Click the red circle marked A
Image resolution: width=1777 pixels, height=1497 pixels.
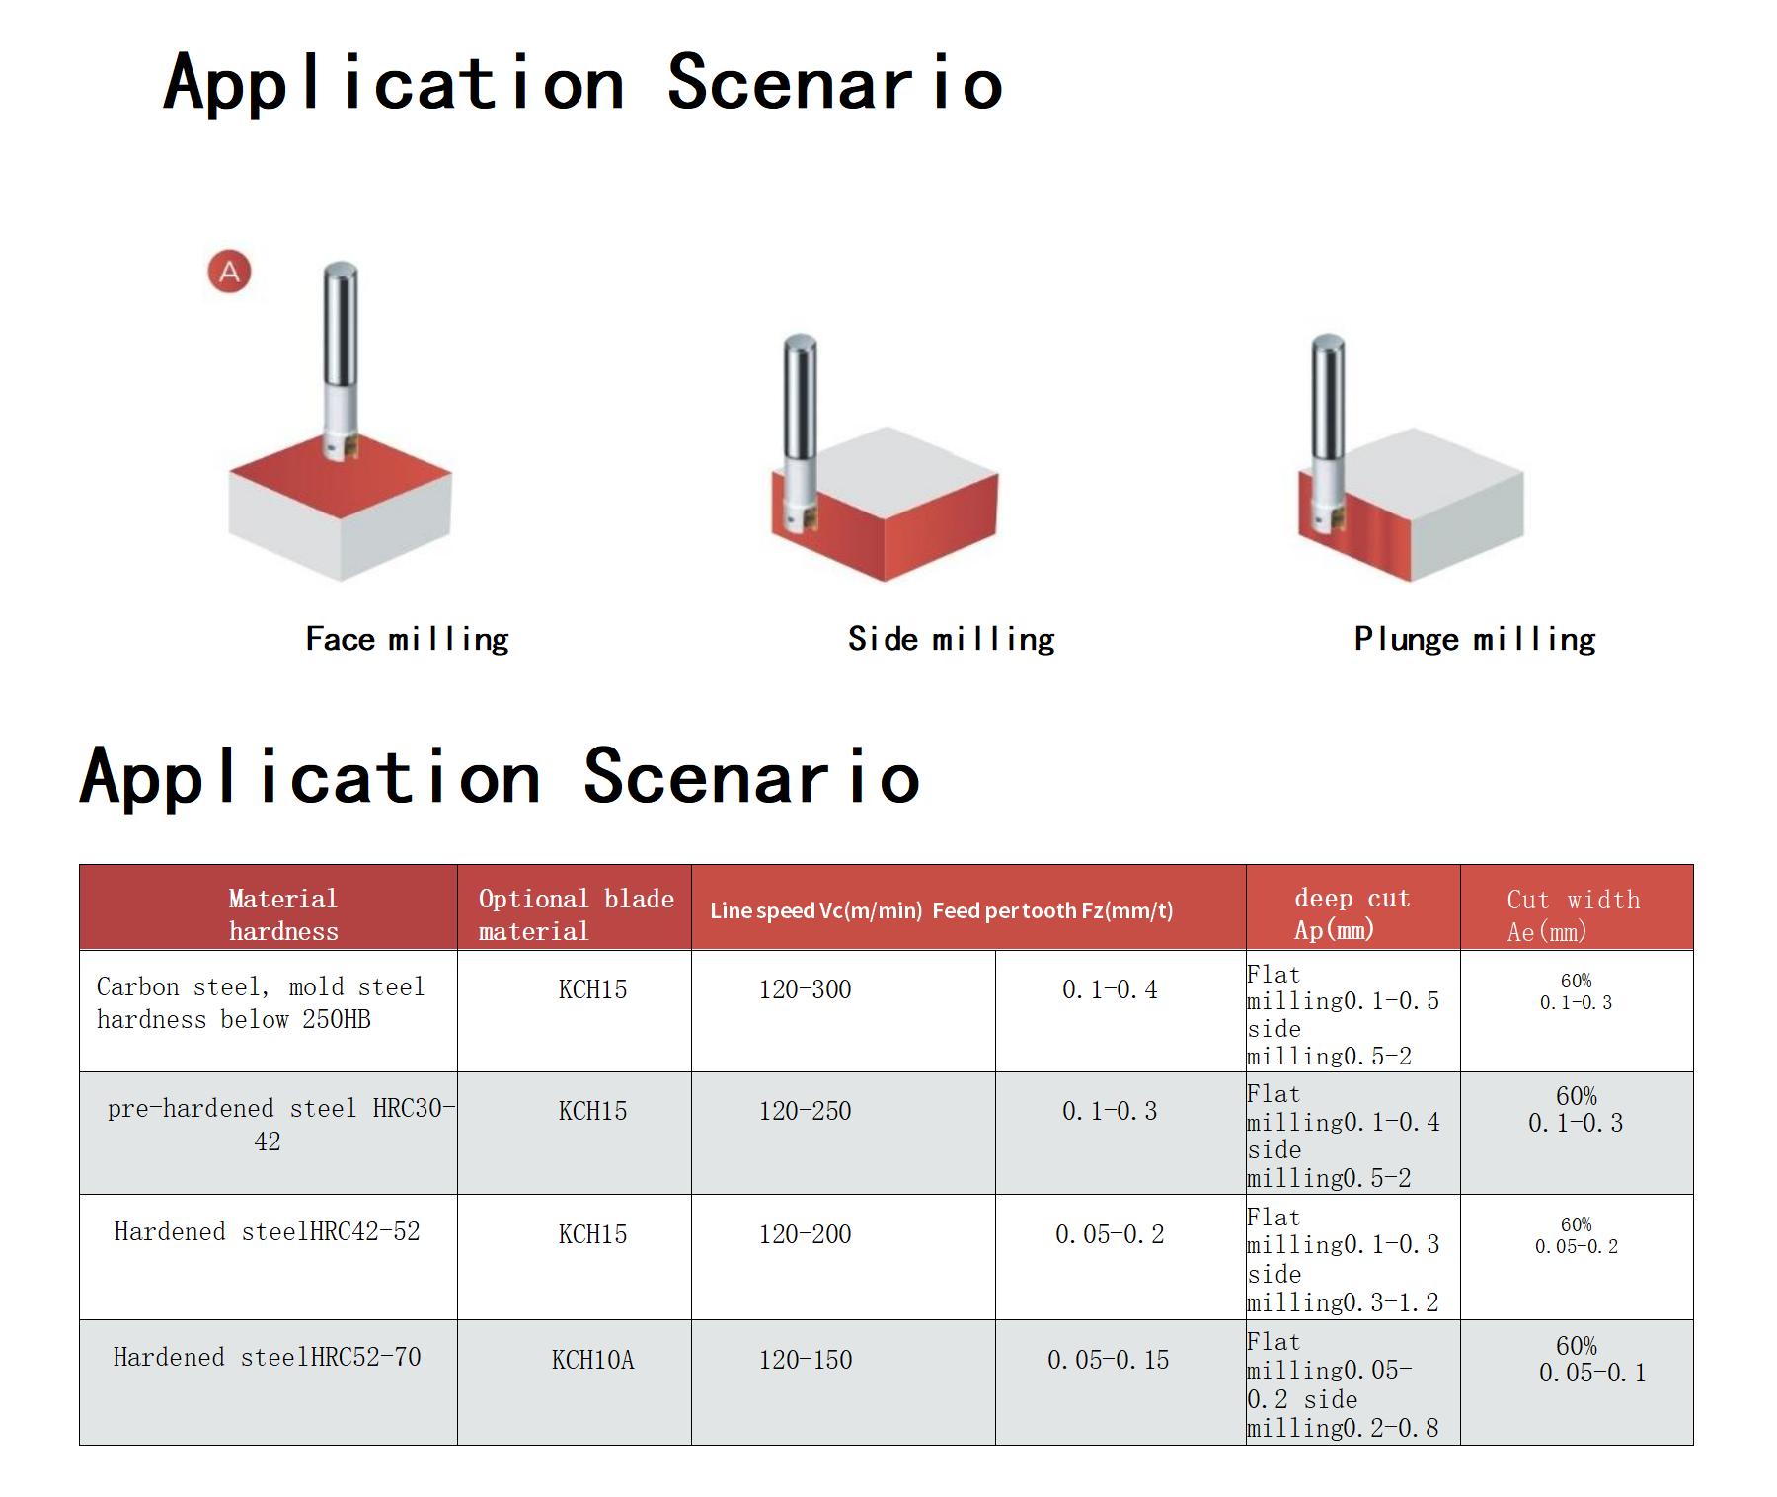point(229,272)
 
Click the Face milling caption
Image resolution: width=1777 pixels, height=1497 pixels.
point(407,640)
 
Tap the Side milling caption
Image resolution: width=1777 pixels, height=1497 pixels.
point(951,640)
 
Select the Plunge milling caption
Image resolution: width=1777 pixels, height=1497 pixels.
point(1475,640)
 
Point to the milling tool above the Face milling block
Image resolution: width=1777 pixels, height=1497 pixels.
point(340,360)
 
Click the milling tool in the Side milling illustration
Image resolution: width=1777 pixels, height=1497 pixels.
point(799,434)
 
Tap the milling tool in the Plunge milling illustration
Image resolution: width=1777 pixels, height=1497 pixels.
point(1327,434)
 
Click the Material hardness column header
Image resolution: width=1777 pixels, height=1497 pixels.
point(283,914)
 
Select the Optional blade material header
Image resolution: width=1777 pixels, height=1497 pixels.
point(577,914)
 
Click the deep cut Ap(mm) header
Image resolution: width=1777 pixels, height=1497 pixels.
point(1352,913)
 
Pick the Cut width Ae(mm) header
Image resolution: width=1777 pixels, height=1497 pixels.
point(1574,915)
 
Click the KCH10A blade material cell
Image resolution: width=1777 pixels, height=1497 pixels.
point(592,1360)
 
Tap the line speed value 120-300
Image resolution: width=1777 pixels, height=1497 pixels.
point(805,989)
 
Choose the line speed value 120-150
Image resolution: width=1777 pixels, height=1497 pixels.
point(805,1360)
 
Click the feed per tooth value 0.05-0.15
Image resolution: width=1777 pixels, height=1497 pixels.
point(1108,1360)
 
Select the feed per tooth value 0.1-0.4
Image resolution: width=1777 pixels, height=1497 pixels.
point(1110,989)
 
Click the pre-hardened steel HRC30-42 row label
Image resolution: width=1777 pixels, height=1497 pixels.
point(281,1125)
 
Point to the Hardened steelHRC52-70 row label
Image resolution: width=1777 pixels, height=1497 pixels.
point(267,1357)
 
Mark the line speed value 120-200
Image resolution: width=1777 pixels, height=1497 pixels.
point(805,1234)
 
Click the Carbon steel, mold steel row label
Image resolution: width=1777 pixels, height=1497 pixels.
point(261,1002)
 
